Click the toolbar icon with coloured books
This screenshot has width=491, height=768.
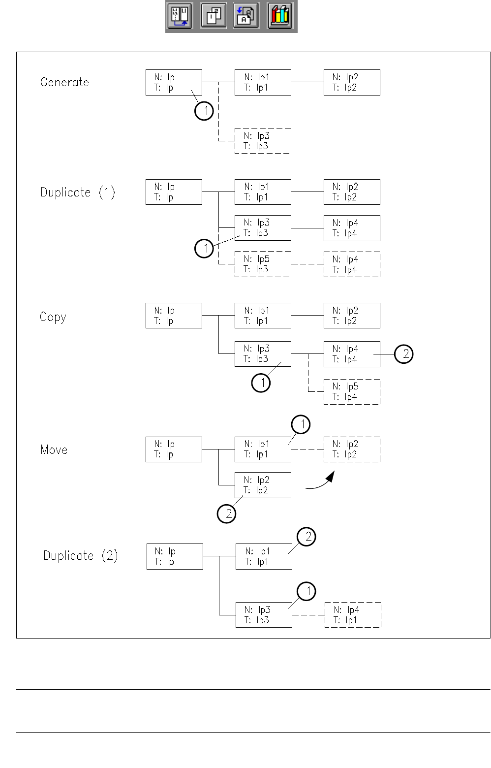(280, 16)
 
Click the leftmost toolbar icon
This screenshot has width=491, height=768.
(179, 16)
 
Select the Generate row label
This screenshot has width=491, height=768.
(64, 82)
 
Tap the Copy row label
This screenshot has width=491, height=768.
(53, 317)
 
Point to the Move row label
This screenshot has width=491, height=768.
(54, 450)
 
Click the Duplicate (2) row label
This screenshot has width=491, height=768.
(80, 556)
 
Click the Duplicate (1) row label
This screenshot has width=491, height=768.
(78, 192)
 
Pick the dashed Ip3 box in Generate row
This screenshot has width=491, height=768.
(263, 141)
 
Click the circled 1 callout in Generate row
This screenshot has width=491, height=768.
(204, 111)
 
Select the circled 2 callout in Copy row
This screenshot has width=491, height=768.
(404, 354)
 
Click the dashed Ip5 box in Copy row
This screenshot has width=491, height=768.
(352, 392)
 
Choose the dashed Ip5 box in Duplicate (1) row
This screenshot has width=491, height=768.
(263, 264)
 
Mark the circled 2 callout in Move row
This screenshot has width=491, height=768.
(227, 514)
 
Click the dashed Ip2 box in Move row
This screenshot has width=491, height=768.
(352, 449)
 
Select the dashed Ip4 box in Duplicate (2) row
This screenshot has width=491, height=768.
(353, 615)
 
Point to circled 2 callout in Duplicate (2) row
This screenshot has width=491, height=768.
(307, 537)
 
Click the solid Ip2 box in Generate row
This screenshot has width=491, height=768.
(352, 82)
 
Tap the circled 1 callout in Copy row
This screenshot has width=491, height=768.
(261, 383)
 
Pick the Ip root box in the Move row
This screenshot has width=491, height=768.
(174, 449)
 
